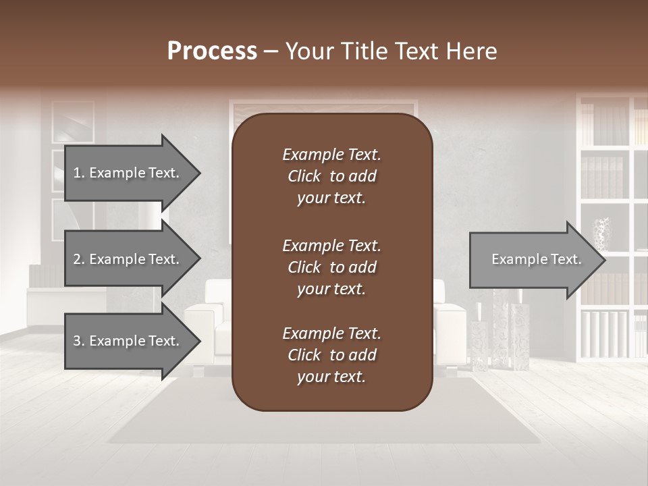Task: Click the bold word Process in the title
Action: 212,51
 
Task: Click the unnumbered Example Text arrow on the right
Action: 536,259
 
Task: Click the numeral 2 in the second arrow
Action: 77,259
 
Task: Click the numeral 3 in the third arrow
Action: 77,341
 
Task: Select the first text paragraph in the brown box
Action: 331,176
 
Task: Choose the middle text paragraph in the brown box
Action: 331,267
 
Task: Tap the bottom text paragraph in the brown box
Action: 331,355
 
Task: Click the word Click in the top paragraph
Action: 304,176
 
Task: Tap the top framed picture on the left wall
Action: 73,122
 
